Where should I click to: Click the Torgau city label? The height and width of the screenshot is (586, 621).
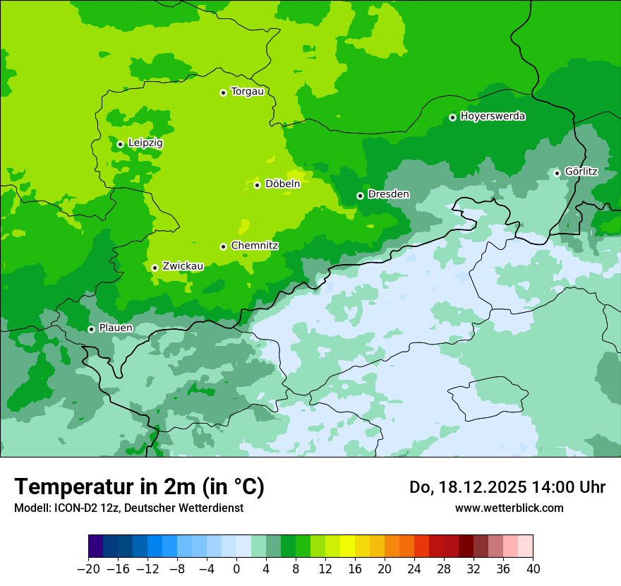[247, 92]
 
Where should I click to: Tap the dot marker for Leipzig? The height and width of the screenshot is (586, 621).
[120, 144]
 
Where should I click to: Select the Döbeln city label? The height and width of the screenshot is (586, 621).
[282, 184]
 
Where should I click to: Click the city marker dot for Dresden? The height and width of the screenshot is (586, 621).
[360, 196]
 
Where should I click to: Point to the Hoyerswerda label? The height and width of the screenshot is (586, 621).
[493, 116]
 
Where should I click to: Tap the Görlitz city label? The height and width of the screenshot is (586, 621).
[581, 172]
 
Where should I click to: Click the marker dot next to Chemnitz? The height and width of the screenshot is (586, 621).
[223, 246]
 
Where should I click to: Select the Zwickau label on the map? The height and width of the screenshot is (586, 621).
[183, 266]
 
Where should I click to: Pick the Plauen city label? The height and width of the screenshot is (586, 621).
[116, 328]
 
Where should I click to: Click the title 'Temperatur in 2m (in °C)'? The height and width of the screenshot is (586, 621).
[140, 486]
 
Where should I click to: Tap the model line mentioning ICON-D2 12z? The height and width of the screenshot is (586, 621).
[128, 508]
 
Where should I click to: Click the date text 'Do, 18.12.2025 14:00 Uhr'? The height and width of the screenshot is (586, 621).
[507, 487]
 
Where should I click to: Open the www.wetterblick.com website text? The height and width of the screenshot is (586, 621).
[509, 508]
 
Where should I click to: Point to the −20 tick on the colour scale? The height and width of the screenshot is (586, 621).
[88, 569]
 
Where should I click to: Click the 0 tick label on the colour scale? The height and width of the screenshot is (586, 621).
[236, 569]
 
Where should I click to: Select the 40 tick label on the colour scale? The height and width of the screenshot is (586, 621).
[533, 569]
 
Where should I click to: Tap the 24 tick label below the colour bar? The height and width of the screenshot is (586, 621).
[414, 569]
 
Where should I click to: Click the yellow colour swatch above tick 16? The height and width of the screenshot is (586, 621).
[347, 546]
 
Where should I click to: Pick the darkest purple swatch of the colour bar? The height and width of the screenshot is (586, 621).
[96, 546]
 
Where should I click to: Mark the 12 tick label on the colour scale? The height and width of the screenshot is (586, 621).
[325, 569]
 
